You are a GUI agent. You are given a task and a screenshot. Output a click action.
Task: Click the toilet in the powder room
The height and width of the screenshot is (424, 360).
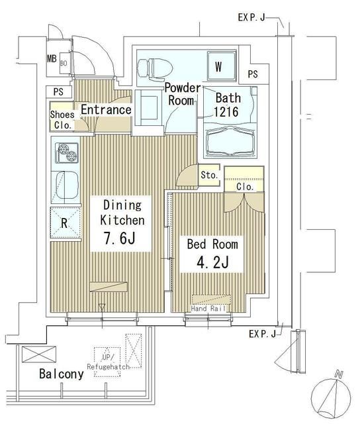pos(153,67)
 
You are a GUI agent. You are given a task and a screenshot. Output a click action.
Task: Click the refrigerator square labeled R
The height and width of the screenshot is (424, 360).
pos(64,223)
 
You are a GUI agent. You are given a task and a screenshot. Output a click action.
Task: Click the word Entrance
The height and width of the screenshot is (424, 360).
pos(106,109)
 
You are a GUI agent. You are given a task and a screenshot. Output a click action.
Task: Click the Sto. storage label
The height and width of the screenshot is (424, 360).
pos(209,176)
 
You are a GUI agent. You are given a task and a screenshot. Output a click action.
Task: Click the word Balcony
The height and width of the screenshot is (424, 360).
pos(61,374)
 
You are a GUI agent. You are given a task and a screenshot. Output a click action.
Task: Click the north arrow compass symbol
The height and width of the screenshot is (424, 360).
pos(332,397)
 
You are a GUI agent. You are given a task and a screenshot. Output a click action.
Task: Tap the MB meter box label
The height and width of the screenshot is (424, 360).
pos(52,58)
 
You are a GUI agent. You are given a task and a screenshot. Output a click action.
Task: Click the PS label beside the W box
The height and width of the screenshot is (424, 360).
pos(253,74)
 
